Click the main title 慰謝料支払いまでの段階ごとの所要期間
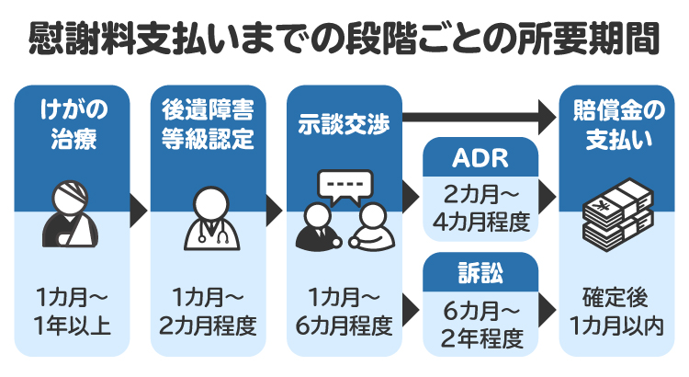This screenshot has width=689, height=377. [344, 40]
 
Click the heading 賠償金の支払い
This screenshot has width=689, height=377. [613, 126]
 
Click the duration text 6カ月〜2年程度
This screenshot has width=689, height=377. [479, 325]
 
